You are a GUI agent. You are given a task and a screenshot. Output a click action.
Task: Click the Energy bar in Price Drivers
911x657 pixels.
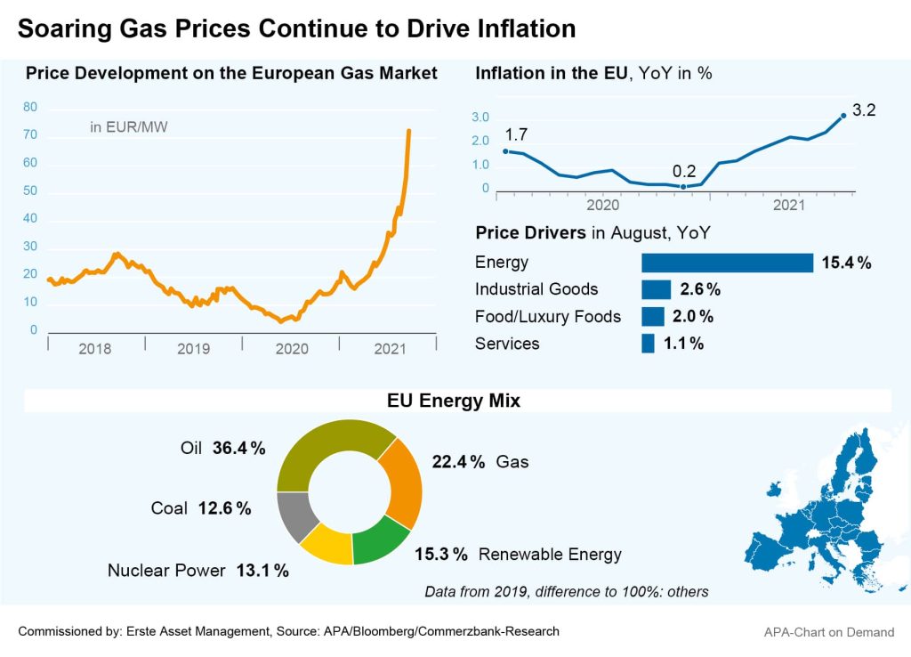(727, 263)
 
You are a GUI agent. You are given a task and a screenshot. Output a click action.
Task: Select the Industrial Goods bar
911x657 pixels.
(656, 289)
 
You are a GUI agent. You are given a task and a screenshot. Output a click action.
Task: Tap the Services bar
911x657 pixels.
(648, 344)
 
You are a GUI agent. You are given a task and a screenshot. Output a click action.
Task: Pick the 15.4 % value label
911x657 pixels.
(846, 263)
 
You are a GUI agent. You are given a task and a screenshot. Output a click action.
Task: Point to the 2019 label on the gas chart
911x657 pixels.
(193, 349)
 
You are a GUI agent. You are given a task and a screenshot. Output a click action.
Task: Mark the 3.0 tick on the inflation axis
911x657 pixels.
(480, 118)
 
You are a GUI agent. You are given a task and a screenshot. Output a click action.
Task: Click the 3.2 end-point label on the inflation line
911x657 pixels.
(864, 110)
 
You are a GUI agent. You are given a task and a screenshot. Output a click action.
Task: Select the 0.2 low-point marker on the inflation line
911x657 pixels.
(683, 187)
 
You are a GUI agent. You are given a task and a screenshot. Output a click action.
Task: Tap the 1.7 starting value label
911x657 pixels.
(516, 135)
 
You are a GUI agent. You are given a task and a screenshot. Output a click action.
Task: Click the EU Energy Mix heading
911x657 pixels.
(454, 401)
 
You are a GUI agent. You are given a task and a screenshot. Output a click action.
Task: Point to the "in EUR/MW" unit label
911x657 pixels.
(129, 127)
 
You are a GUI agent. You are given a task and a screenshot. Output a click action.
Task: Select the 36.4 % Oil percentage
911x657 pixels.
(238, 449)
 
